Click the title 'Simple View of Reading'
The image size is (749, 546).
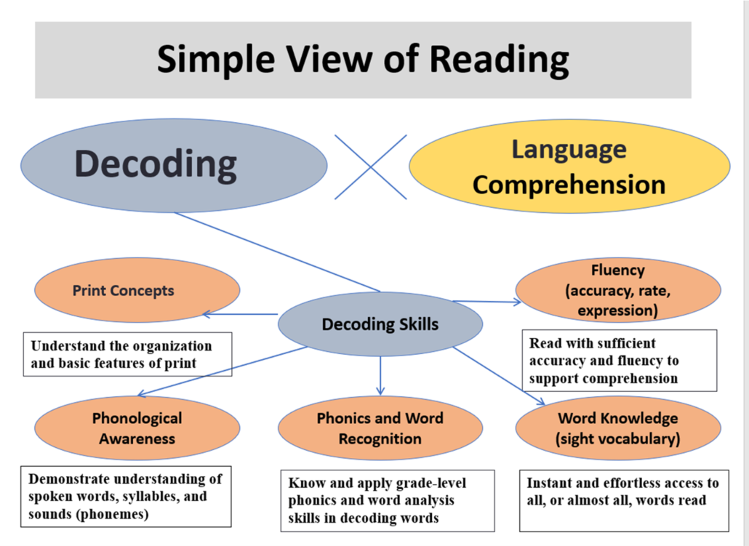click(x=363, y=60)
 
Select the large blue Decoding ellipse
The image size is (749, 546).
click(x=174, y=165)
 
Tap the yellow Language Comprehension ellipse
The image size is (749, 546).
click(x=569, y=166)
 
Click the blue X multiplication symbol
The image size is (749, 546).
click(x=371, y=166)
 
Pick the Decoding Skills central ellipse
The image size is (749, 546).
click(x=380, y=324)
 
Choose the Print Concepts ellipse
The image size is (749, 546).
click(x=137, y=290)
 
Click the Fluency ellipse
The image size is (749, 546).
click(x=618, y=290)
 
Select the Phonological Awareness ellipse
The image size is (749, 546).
click(x=137, y=428)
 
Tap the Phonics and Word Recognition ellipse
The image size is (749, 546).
click(x=380, y=428)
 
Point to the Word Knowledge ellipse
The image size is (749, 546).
click(x=618, y=428)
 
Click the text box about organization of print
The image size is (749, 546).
click(x=127, y=355)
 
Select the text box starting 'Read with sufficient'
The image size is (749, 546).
click(x=619, y=361)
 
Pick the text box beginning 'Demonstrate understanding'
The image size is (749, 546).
click(x=126, y=497)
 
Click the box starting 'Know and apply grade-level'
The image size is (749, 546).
click(x=388, y=501)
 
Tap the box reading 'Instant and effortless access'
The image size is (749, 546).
click(x=625, y=501)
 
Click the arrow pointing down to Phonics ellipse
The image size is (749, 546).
click(x=380, y=376)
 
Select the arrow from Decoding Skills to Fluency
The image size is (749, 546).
click(x=486, y=302)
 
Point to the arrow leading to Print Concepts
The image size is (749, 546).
click(x=240, y=314)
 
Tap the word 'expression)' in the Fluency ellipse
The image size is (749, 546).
click(x=617, y=310)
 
